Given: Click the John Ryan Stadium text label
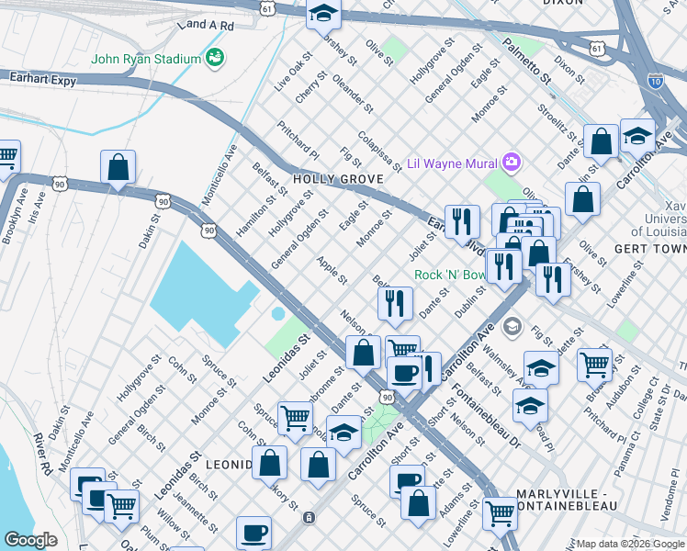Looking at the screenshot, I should coord(146,59).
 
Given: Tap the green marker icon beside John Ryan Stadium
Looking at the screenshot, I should coord(216,59).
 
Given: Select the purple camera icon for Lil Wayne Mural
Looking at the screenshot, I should coord(512,163).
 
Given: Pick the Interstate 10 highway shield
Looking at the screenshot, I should coord(654,81).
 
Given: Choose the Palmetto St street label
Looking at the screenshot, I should coord(533,61).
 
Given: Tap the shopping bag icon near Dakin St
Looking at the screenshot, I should coord(118,168).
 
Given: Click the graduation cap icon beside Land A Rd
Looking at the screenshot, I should coord(322,14).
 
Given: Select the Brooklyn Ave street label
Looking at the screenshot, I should coord(11,220).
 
